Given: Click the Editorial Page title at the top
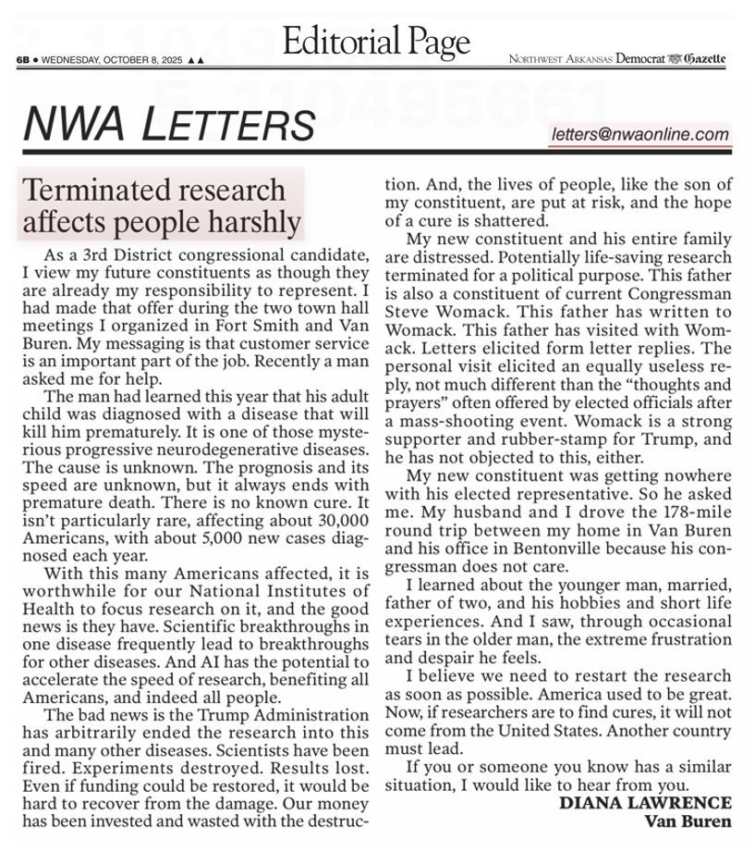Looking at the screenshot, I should (376, 41).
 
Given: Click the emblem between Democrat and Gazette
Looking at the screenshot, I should (676, 59).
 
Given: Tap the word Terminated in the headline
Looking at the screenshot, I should (88, 190).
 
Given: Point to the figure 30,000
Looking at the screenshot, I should (337, 520).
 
